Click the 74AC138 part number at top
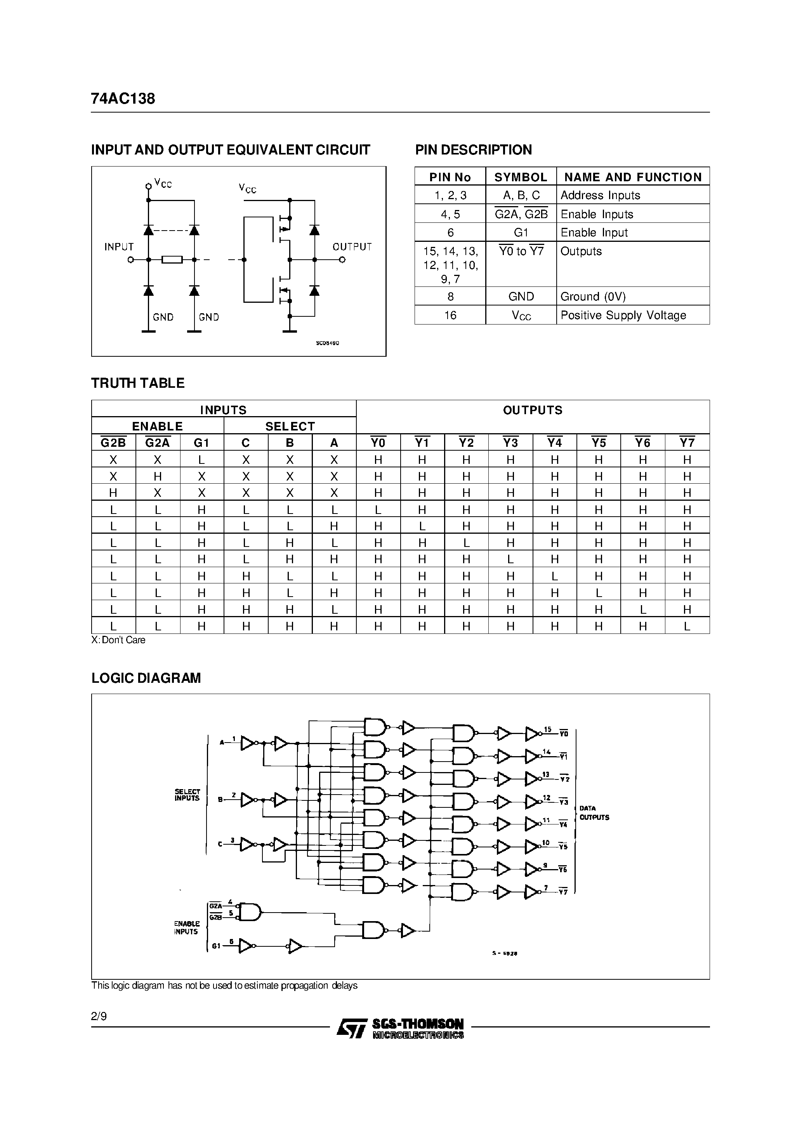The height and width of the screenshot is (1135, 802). click(x=123, y=99)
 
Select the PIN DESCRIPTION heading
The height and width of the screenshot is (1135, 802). click(x=473, y=150)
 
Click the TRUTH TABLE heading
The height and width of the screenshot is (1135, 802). click(x=137, y=383)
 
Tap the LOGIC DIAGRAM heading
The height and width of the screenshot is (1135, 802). click(x=146, y=678)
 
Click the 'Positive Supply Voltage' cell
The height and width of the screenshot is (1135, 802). click(x=623, y=316)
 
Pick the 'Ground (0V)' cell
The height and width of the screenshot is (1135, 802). click(x=593, y=297)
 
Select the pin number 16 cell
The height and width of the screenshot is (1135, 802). click(x=450, y=316)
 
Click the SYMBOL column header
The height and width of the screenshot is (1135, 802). click(x=521, y=177)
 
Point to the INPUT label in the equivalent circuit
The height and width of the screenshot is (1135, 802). click(x=119, y=246)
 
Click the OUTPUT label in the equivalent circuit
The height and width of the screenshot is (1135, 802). click(x=352, y=246)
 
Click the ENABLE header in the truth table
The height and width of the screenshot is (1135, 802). click(x=157, y=426)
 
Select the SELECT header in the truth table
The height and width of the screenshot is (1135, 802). click(x=290, y=426)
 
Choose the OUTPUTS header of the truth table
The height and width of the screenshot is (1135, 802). click(x=533, y=410)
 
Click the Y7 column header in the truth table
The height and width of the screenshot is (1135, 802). click(x=687, y=443)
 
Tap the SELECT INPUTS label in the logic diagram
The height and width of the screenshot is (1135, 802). click(x=187, y=795)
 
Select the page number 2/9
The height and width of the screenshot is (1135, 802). click(x=99, y=1016)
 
